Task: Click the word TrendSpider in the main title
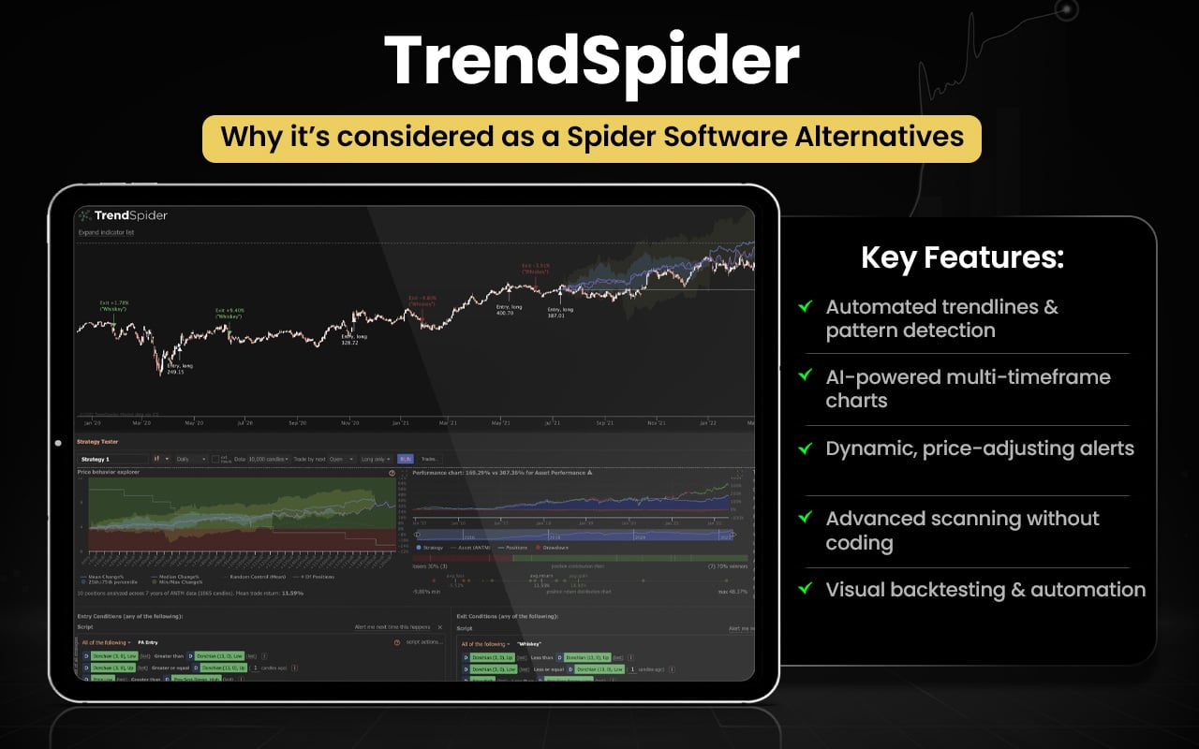(x=591, y=61)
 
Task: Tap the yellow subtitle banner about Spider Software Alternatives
(x=591, y=138)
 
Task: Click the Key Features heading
(x=962, y=258)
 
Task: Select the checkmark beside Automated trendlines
(x=804, y=306)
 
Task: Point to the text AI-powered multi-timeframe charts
(x=967, y=389)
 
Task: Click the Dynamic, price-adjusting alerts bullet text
(x=979, y=448)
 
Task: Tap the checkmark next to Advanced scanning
(x=804, y=517)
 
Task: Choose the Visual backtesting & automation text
(x=984, y=590)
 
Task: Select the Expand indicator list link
(x=106, y=232)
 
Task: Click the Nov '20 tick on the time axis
(x=350, y=423)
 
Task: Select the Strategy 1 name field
(x=112, y=459)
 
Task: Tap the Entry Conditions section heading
(x=129, y=616)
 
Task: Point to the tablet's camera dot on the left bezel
(x=58, y=443)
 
